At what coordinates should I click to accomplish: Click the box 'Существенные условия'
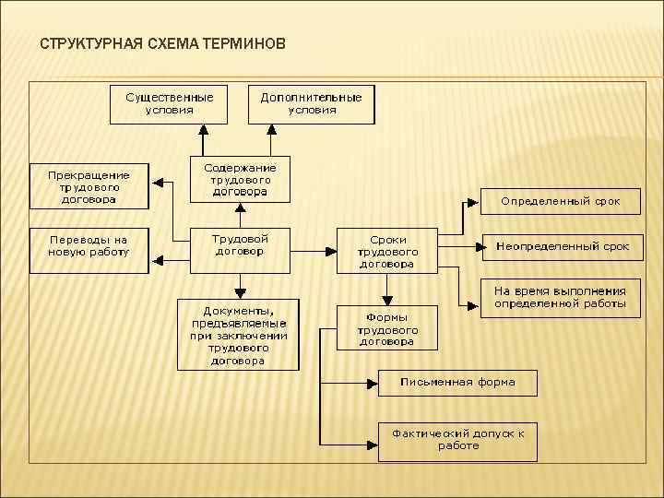click(168, 104)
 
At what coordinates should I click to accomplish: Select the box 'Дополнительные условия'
click(312, 104)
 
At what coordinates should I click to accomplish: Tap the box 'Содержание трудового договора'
click(240, 181)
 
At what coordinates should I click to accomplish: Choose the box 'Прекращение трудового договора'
click(89, 186)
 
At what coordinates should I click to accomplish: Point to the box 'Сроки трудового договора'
click(387, 250)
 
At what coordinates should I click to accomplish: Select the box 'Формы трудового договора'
click(387, 327)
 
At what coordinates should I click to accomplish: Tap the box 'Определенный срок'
click(560, 200)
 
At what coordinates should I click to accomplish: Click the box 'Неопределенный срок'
click(563, 246)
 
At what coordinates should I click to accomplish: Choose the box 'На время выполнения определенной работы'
click(560, 297)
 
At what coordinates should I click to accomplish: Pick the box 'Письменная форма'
click(456, 382)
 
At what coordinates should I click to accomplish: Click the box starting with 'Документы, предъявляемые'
click(239, 333)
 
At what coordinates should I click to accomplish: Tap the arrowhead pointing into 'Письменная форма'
click(373, 382)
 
